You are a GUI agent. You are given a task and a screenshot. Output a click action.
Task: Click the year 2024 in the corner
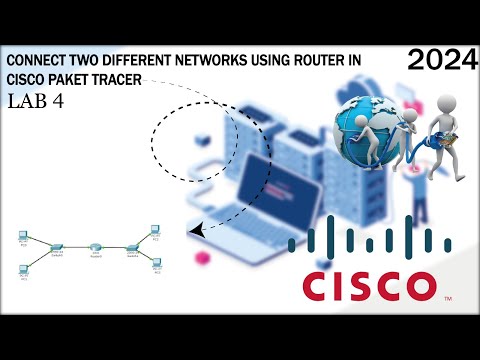click(441, 62)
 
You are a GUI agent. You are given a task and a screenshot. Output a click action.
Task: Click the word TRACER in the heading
click(126, 80)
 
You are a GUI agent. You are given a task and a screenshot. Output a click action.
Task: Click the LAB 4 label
click(37, 102)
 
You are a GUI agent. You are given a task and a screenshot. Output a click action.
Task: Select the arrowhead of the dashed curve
click(194, 231)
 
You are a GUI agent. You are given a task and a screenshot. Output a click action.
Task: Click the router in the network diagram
click(95, 246)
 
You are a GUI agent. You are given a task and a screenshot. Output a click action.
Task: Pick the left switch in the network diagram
click(58, 246)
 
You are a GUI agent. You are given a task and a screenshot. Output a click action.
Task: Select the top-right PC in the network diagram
click(155, 230)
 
